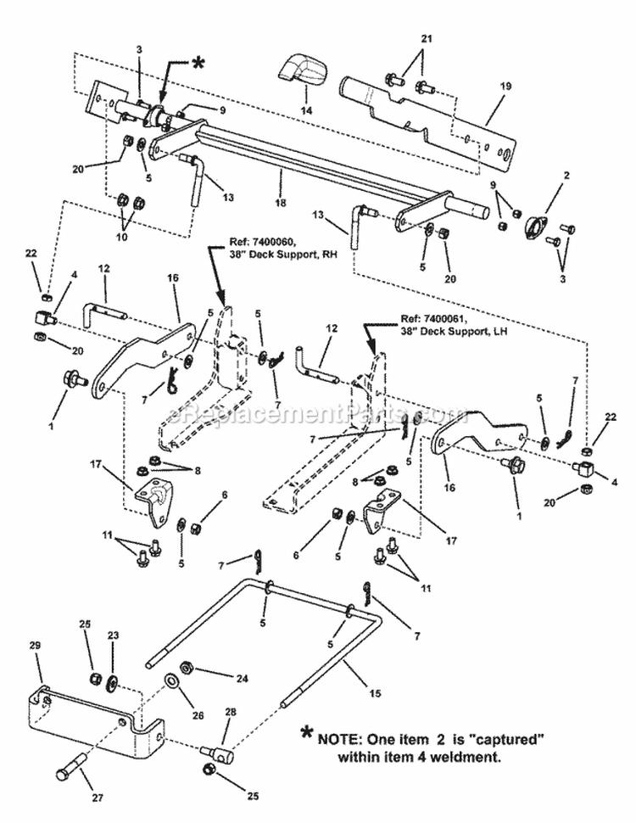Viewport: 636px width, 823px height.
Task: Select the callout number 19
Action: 506,86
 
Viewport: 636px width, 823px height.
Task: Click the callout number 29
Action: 35,646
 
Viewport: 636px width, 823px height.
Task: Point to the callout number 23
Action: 113,635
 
